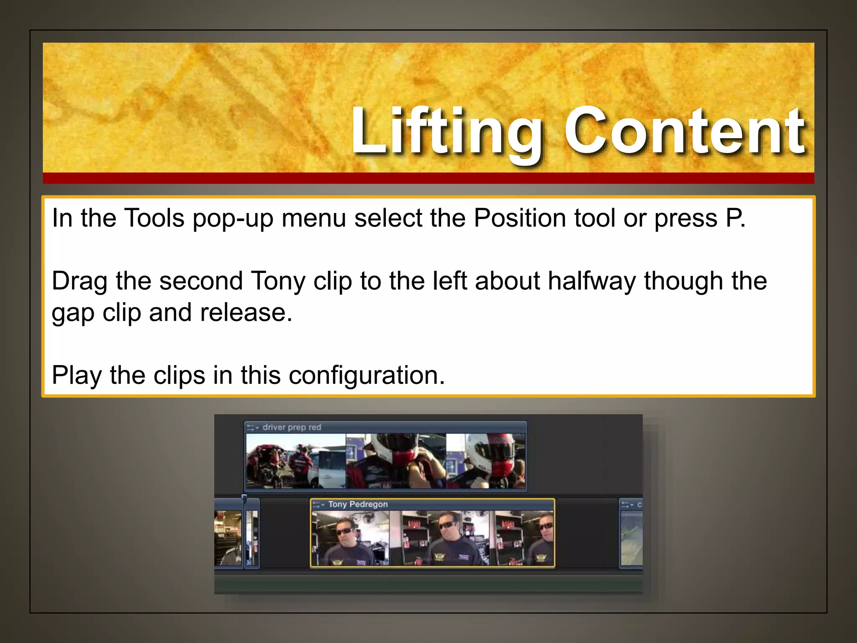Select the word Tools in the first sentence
154,218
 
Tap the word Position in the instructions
519,218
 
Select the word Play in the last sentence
77,375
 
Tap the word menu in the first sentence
313,218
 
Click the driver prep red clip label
291,427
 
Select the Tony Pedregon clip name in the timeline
358,504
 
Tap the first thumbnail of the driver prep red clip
295,461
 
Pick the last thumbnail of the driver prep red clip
485,461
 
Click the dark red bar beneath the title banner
428,178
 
